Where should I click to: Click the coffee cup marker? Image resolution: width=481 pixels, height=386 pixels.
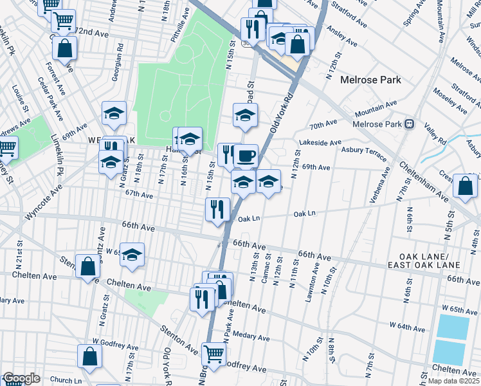pos(245,156)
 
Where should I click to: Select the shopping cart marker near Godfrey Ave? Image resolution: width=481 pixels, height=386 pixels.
pos(213,353)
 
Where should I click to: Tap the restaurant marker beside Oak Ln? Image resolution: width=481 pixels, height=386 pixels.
pos(217,209)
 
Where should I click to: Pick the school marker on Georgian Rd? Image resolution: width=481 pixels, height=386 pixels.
pos(114,114)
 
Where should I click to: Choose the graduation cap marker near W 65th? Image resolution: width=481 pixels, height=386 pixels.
pos(132,255)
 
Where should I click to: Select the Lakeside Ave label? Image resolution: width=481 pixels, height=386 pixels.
pos(320,142)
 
